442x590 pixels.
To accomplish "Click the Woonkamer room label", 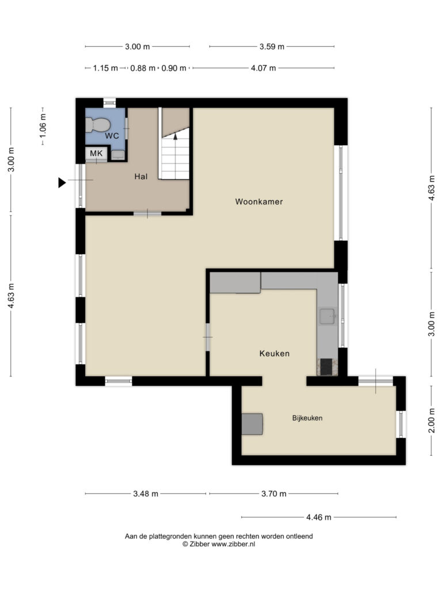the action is click(x=259, y=202).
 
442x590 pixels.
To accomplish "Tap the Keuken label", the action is click(x=275, y=353).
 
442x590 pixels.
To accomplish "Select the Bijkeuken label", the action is click(x=307, y=418).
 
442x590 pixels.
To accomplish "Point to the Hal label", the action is click(x=141, y=176).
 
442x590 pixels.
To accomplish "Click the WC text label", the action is click(x=112, y=136).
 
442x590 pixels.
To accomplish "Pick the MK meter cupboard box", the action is click(x=96, y=154).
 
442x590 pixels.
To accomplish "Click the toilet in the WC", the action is click(x=97, y=124).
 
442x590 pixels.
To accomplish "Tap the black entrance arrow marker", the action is click(x=62, y=183).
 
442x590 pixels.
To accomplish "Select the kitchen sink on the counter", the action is click(x=327, y=316).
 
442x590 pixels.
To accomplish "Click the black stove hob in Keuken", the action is click(x=326, y=367).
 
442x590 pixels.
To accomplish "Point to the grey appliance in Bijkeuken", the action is click(x=252, y=424).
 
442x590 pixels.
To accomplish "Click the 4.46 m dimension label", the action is click(x=319, y=517).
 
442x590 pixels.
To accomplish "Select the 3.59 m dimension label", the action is click(x=272, y=47).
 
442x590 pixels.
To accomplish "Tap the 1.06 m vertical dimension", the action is click(x=43, y=126).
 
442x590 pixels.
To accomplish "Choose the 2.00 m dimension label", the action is click(x=432, y=420).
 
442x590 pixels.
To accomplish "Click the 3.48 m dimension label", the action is click(x=146, y=494).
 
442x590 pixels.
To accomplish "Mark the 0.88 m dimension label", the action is click(x=143, y=68).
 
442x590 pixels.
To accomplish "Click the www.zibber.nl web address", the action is click(x=234, y=544).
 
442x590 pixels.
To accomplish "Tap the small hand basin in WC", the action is click(x=118, y=154).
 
